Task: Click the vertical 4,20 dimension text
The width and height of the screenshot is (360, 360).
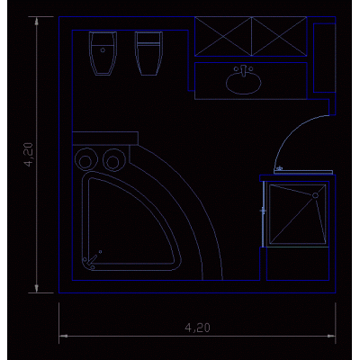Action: point(30,155)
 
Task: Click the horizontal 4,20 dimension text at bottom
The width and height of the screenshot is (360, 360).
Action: point(197,328)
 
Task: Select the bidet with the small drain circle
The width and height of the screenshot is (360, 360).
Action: point(103,53)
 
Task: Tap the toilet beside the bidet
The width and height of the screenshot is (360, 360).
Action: point(148,53)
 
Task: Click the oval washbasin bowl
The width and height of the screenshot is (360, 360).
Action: point(243,83)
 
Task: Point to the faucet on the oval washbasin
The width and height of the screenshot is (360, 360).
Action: point(243,70)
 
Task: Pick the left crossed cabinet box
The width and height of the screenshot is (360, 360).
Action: point(223,37)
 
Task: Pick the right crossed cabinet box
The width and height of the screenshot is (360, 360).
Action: point(279,37)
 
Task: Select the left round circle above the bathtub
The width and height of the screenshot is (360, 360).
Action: point(86,159)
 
